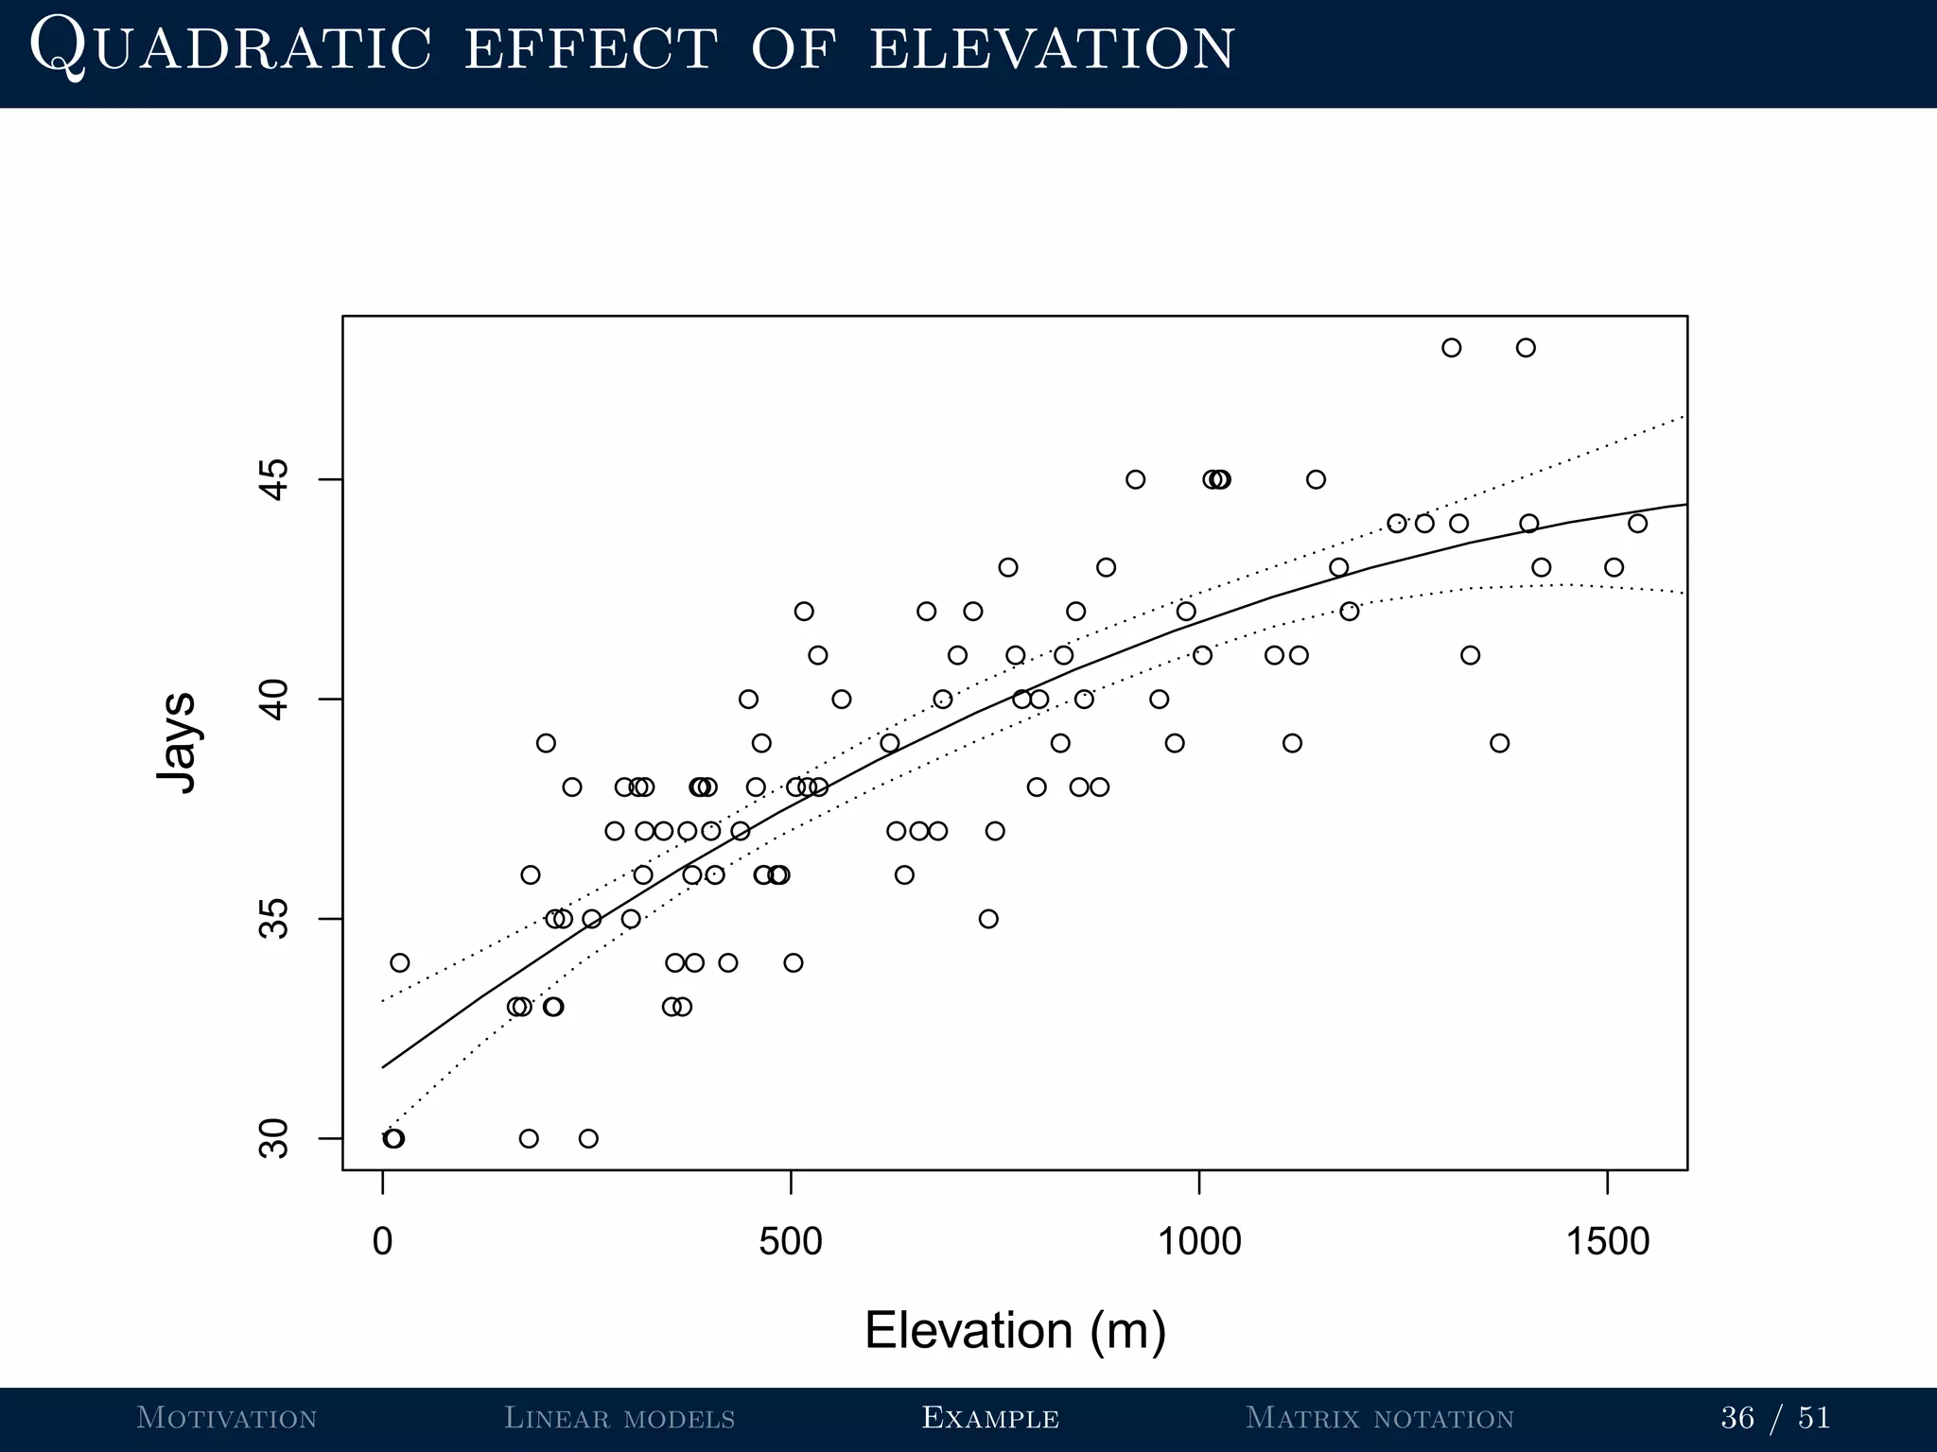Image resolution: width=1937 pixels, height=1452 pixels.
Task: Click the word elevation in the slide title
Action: tap(1052, 49)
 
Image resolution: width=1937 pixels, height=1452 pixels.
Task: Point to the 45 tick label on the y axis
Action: tap(274, 479)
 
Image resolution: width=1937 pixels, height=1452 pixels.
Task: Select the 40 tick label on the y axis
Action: tap(274, 700)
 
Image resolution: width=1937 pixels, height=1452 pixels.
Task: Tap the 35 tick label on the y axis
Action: tap(274, 919)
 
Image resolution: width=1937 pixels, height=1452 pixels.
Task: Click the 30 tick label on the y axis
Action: tap(274, 1138)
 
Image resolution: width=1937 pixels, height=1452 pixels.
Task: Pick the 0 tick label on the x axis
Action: tap(382, 1241)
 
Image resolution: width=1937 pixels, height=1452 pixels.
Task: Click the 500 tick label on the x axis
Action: tap(791, 1241)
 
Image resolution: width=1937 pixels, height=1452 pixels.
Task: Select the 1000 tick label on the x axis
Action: tap(1199, 1241)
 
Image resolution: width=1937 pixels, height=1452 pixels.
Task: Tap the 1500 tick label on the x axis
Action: tap(1608, 1241)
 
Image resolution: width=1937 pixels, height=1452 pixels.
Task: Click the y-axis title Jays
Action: tap(177, 742)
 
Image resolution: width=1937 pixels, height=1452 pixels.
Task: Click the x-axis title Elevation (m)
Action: tap(1015, 1330)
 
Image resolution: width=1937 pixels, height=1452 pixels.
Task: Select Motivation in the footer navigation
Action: tap(227, 1418)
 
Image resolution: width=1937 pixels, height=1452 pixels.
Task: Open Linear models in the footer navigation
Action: tap(619, 1418)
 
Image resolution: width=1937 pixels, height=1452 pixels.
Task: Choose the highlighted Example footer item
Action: tap(990, 1418)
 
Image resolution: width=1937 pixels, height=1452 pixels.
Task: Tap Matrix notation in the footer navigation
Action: tap(1380, 1418)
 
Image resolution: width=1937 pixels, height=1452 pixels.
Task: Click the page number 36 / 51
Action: tap(1775, 1418)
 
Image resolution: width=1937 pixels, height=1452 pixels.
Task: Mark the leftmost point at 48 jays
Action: tap(1452, 348)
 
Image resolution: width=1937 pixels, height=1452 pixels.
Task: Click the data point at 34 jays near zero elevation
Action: tap(400, 962)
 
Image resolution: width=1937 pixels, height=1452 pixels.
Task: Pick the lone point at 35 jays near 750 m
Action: tap(988, 919)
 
